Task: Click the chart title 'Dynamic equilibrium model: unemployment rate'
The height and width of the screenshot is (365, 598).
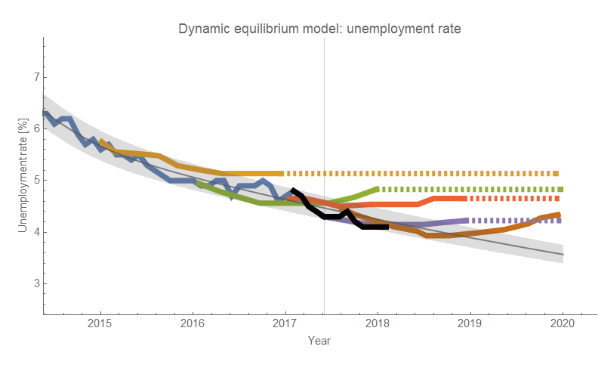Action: tap(319, 29)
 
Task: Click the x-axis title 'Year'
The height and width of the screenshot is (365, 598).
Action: tap(319, 341)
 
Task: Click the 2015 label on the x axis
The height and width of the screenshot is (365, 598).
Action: tap(100, 323)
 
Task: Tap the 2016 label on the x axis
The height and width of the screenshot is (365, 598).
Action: tap(193, 323)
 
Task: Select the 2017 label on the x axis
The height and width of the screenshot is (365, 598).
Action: tap(285, 323)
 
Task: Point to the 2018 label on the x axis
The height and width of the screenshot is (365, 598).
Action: tap(378, 323)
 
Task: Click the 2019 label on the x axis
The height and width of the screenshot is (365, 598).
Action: tap(470, 323)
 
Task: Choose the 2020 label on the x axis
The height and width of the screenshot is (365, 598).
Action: tap(562, 323)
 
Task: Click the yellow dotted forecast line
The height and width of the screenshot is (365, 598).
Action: tap(423, 173)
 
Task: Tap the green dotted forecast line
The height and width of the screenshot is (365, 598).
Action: tap(468, 189)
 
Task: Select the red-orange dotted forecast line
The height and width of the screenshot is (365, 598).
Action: tap(513, 199)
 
